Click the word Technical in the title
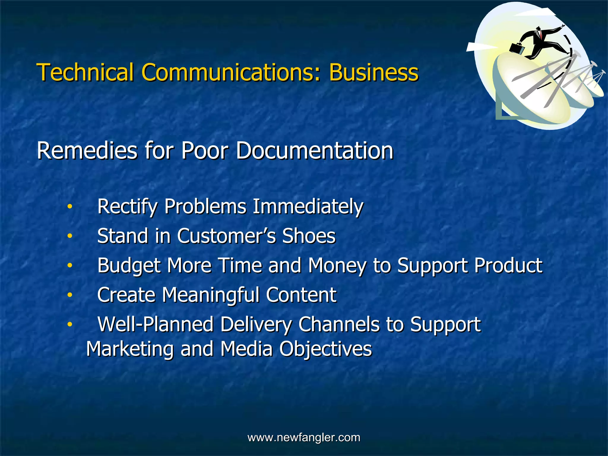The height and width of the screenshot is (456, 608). pos(85,72)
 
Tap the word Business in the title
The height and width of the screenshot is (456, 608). pos(373,72)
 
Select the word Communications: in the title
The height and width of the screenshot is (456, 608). pos(231,72)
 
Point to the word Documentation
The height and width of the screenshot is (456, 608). pos(315,151)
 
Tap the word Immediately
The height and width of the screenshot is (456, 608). pos(308,206)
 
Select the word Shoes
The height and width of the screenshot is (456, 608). pos(309,236)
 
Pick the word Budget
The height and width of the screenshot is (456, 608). pos(129,266)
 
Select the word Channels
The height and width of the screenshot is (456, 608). pos(339,324)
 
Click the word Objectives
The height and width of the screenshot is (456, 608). pos(325,349)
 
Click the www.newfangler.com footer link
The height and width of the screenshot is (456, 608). pos(304,437)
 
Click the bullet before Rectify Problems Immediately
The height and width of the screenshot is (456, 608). pos(69,207)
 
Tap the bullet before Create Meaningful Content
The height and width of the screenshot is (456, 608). pos(69,295)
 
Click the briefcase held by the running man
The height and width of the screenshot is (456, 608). pos(517,48)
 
